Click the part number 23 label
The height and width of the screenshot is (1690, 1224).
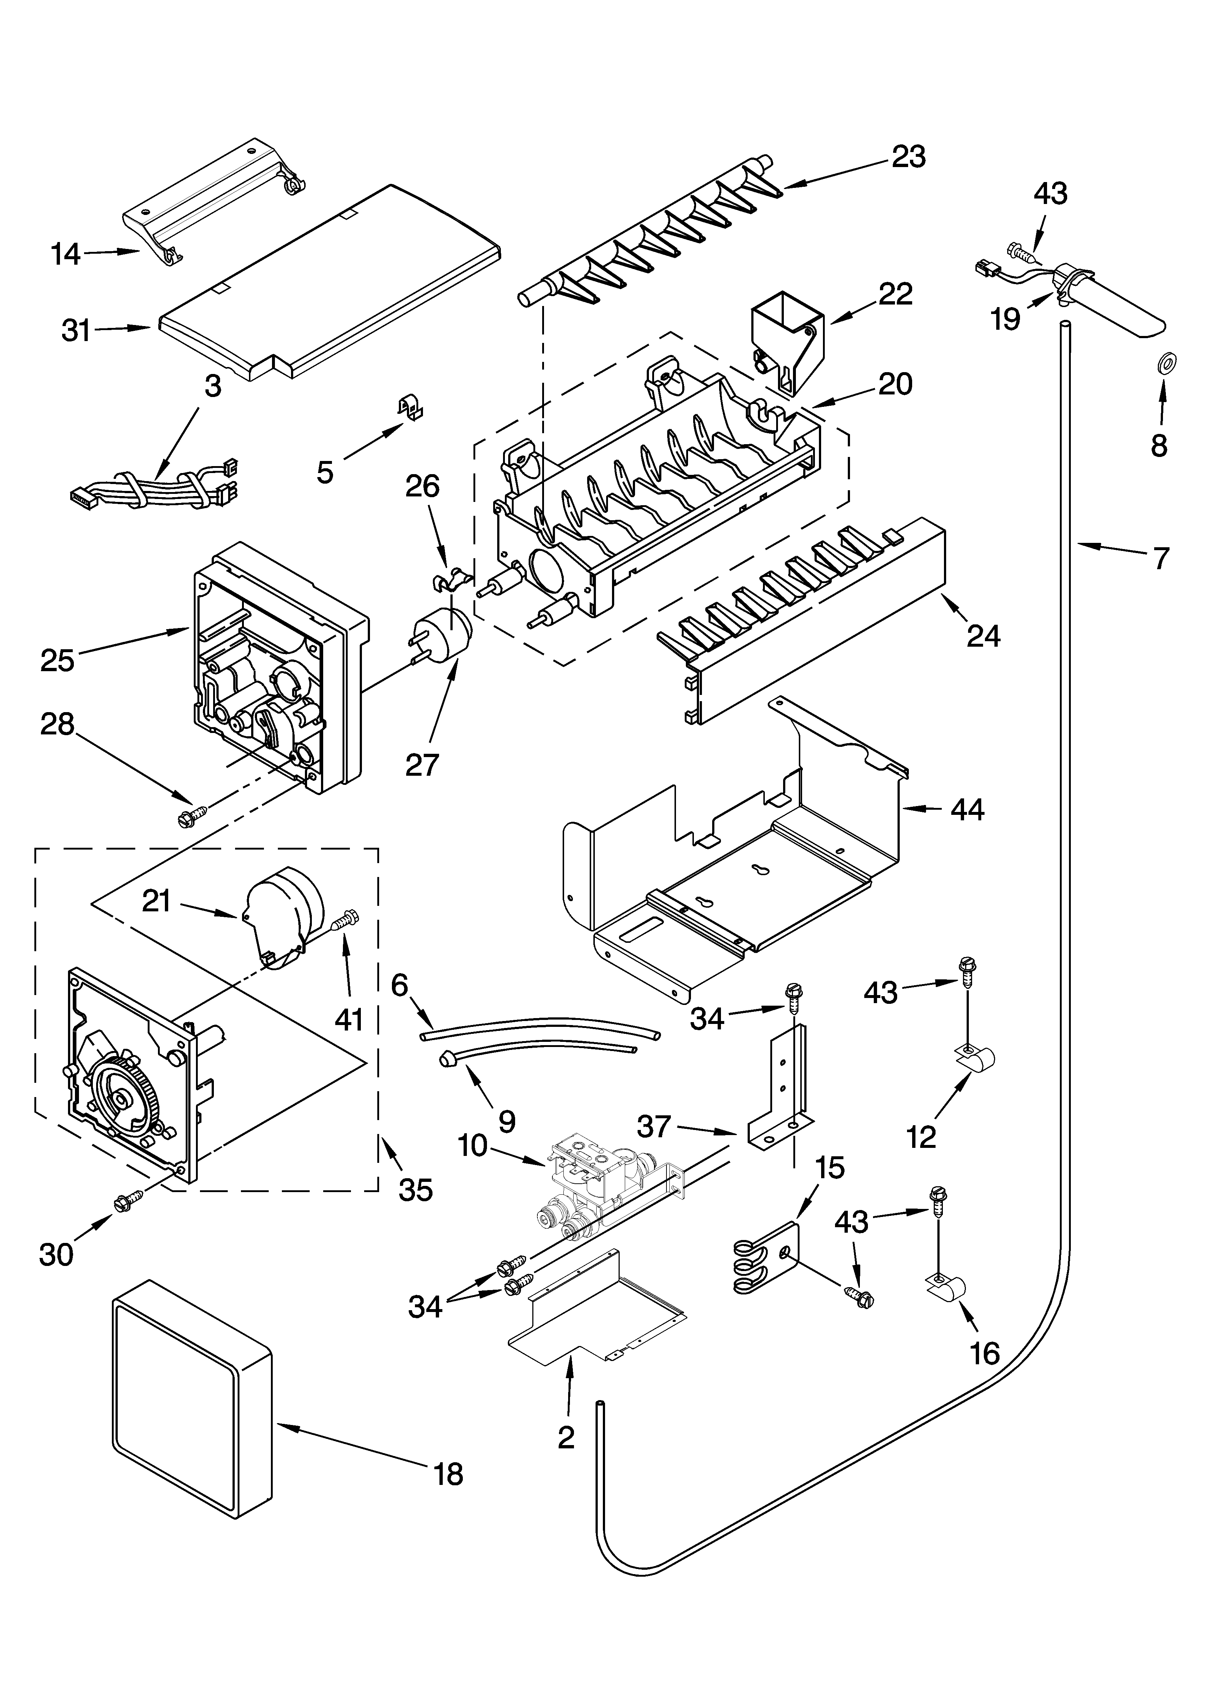[x=908, y=156]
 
